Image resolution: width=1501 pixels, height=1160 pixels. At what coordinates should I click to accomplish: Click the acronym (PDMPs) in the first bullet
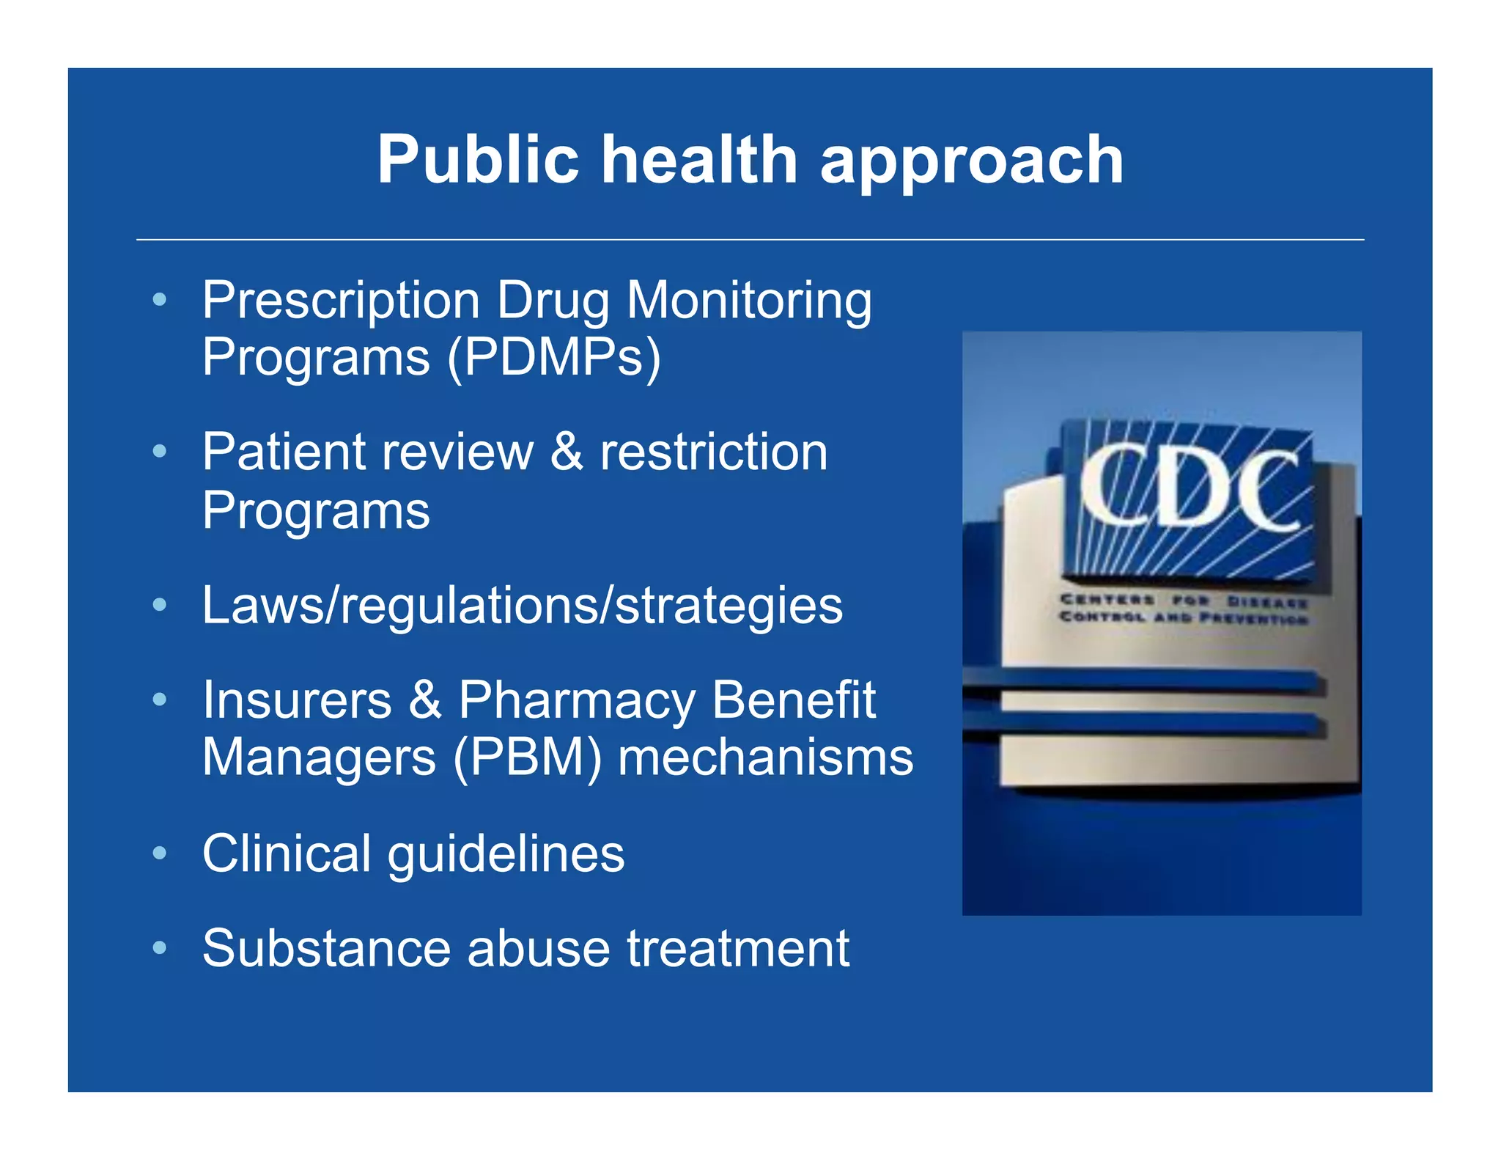click(x=554, y=357)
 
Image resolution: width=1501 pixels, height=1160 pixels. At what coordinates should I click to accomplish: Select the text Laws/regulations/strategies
click(x=522, y=606)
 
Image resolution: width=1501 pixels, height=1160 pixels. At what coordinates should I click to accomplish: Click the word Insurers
click(x=297, y=700)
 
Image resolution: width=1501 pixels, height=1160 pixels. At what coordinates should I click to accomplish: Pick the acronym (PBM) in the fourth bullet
click(x=528, y=757)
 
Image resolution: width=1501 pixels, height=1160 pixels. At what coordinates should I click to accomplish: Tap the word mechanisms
click(x=766, y=757)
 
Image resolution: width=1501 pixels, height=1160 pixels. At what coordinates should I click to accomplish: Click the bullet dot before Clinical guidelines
click(x=159, y=853)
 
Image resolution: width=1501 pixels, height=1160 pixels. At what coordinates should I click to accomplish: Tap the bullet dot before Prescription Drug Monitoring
click(x=159, y=299)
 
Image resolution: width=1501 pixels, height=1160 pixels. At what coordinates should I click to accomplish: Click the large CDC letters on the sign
click(x=1188, y=488)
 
